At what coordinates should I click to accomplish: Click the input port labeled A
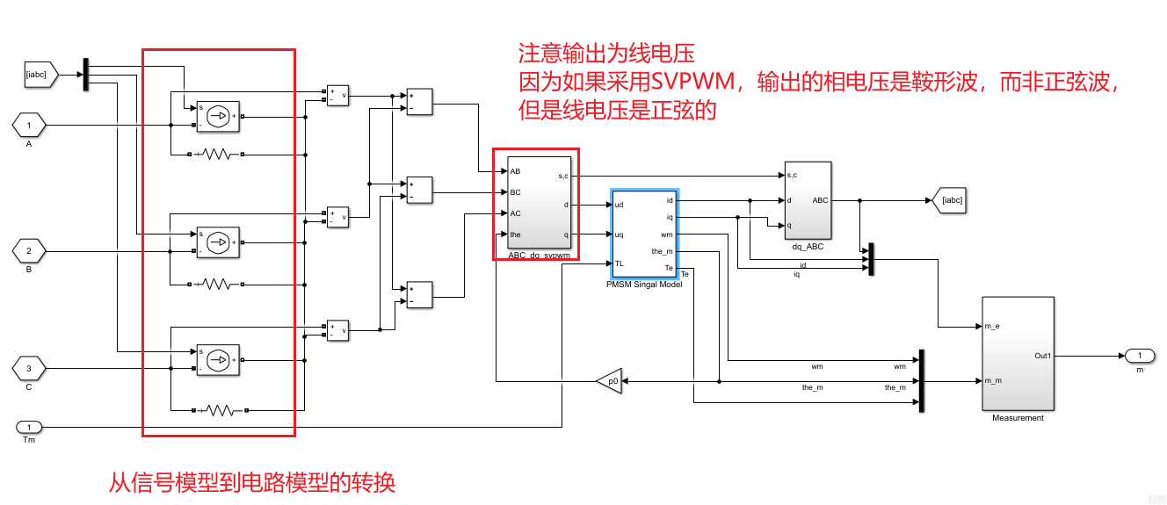click(29, 126)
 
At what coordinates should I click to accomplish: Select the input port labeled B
click(29, 252)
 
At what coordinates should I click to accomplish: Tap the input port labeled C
click(29, 368)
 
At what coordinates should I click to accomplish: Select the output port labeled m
click(1139, 356)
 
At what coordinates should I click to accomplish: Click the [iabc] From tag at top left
click(40, 76)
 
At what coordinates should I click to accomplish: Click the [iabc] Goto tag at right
click(951, 200)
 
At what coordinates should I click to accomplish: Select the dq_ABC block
click(808, 200)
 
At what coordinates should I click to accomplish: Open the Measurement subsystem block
click(1017, 353)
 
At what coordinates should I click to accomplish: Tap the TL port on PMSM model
click(620, 263)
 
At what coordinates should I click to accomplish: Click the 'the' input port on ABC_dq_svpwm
click(515, 234)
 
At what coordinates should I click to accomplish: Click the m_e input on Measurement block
click(990, 327)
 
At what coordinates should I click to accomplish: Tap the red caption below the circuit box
click(252, 482)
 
